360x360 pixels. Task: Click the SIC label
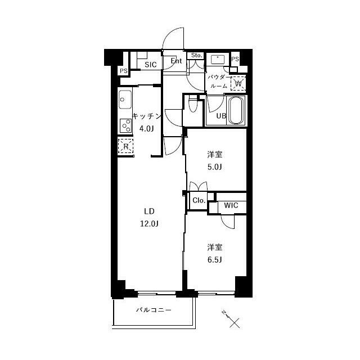point(151,65)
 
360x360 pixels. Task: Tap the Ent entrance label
point(176,61)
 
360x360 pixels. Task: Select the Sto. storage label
point(197,55)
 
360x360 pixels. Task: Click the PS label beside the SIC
point(124,71)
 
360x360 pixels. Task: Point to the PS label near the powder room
point(235,59)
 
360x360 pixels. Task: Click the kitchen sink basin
point(125,100)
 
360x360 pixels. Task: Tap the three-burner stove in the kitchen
point(125,126)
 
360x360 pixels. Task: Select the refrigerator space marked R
point(125,146)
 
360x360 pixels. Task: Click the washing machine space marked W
point(238,83)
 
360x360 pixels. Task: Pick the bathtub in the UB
point(236,110)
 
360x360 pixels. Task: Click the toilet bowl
point(192,104)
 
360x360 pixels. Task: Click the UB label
point(221,116)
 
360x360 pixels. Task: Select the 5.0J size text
point(215,167)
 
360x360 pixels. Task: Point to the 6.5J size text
point(215,260)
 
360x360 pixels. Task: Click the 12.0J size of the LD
point(149,223)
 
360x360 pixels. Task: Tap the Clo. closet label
point(199,200)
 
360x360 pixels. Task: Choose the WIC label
point(231,205)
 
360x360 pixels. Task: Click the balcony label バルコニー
point(154,310)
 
